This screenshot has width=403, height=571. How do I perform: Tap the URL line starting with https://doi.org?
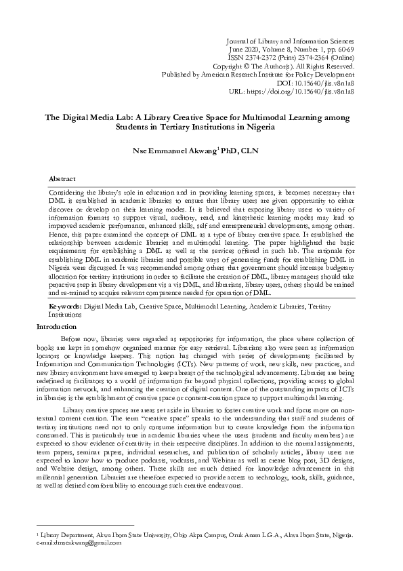(x=307, y=91)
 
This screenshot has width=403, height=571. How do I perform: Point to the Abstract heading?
(x=62, y=178)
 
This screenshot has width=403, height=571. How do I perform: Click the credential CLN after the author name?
(x=252, y=150)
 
